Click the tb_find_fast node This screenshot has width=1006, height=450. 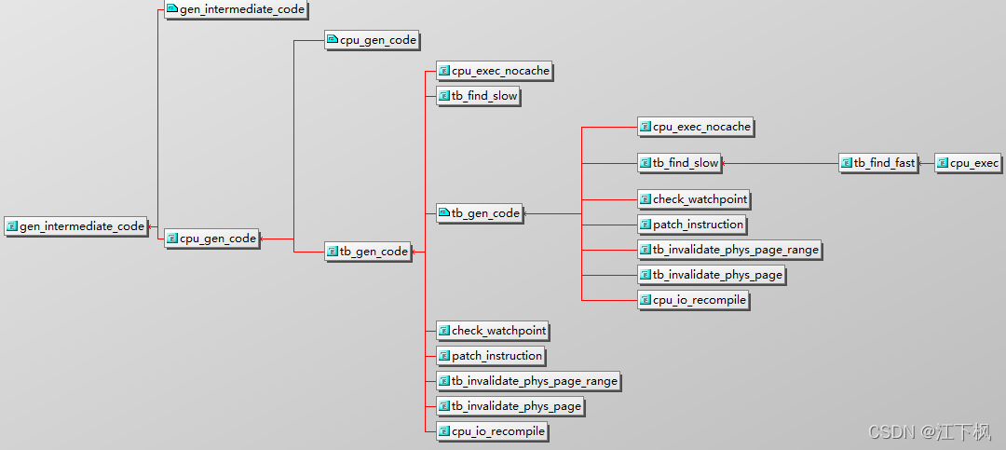[878, 163]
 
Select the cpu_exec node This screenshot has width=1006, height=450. [968, 163]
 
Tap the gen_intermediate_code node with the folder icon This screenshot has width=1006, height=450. [236, 9]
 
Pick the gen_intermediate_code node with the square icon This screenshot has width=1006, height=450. [76, 225]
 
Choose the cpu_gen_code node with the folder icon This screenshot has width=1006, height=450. [371, 40]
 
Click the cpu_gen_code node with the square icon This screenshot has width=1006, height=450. [211, 239]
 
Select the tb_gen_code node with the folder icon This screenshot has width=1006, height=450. [479, 213]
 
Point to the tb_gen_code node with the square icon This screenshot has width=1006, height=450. [368, 252]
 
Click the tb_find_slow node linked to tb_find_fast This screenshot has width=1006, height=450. [679, 163]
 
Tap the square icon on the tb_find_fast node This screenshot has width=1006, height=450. [846, 163]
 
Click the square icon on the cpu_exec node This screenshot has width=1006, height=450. [943, 163]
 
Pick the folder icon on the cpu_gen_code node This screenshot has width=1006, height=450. [332, 40]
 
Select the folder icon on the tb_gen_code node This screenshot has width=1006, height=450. [443, 213]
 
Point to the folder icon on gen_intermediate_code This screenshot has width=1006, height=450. [171, 9]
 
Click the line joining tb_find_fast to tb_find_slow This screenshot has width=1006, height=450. [782, 163]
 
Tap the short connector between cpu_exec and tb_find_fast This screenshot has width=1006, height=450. [926, 163]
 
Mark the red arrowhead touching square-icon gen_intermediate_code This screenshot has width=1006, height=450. [151, 225]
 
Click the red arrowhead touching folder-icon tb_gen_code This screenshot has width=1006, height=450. [525, 213]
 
